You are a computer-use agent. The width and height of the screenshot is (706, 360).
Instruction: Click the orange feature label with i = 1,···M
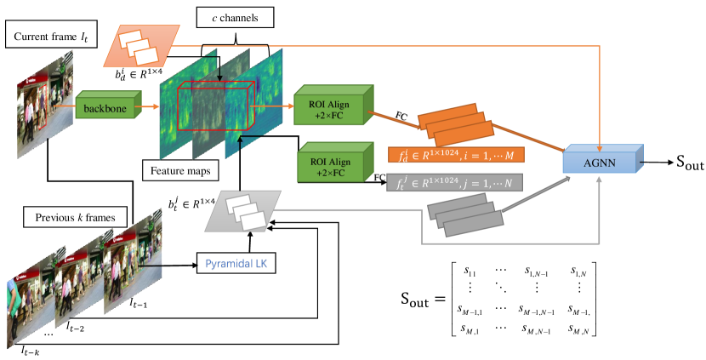coord(455,155)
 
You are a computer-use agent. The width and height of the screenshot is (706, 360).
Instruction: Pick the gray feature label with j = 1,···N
coord(455,182)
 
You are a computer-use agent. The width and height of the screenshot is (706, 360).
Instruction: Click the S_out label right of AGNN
coord(680,163)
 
